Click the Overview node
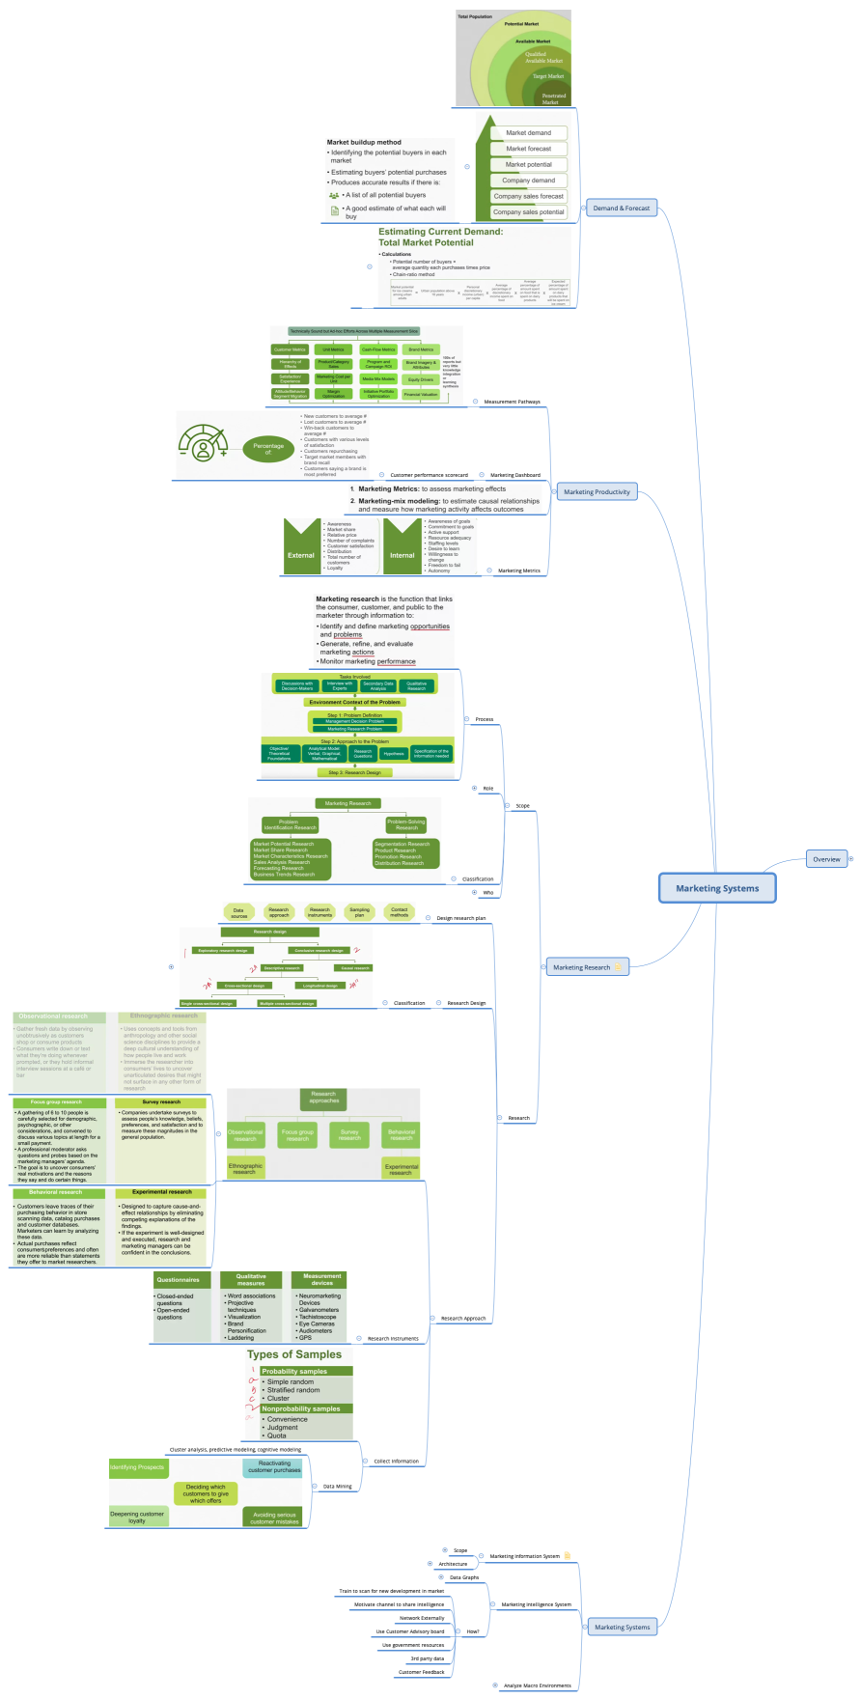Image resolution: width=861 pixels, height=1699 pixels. point(826,859)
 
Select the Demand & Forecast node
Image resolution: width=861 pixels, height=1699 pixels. point(621,208)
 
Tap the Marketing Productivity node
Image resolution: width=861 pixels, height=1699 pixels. point(597,491)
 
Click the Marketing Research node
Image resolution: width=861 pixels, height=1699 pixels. point(581,966)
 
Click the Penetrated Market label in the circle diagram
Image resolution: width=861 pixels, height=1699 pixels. point(553,98)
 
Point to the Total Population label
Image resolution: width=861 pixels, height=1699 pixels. point(474,16)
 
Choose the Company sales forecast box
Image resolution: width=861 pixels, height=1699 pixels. point(528,196)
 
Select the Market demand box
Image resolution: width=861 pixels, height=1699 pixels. point(528,133)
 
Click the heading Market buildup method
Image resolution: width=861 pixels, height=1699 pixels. point(364,142)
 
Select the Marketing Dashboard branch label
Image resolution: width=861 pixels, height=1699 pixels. point(514,475)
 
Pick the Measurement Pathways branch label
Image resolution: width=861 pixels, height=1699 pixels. point(512,402)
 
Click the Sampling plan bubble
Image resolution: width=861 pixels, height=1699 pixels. point(359,911)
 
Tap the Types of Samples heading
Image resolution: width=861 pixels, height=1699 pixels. point(293,1354)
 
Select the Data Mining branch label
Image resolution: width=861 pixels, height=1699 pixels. point(337,1486)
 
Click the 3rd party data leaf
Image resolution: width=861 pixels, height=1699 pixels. point(427,1658)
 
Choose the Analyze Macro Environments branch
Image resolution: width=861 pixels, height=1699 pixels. point(537,1685)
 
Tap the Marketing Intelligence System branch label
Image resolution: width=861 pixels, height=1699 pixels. point(536,1604)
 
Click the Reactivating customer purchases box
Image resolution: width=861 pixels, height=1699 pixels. point(274,1467)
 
